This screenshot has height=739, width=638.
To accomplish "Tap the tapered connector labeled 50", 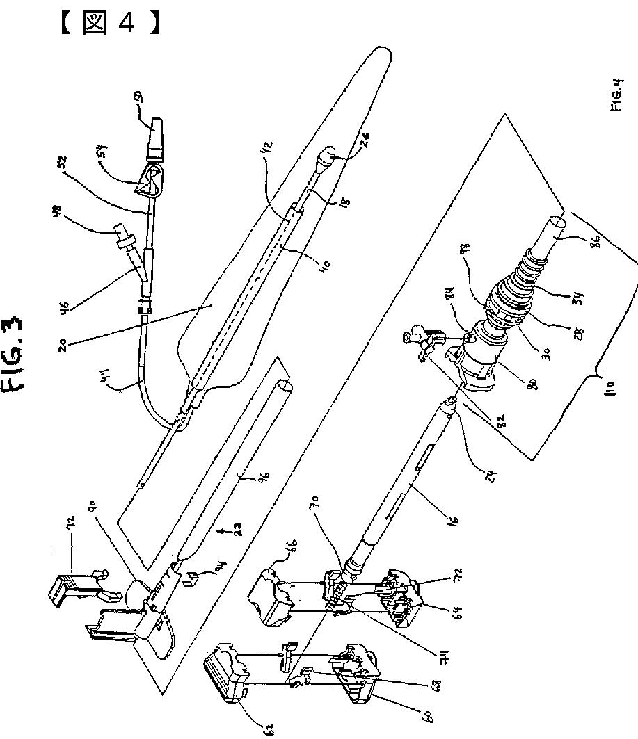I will tap(154, 134).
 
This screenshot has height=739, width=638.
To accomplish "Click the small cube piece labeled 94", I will tap(188, 575).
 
